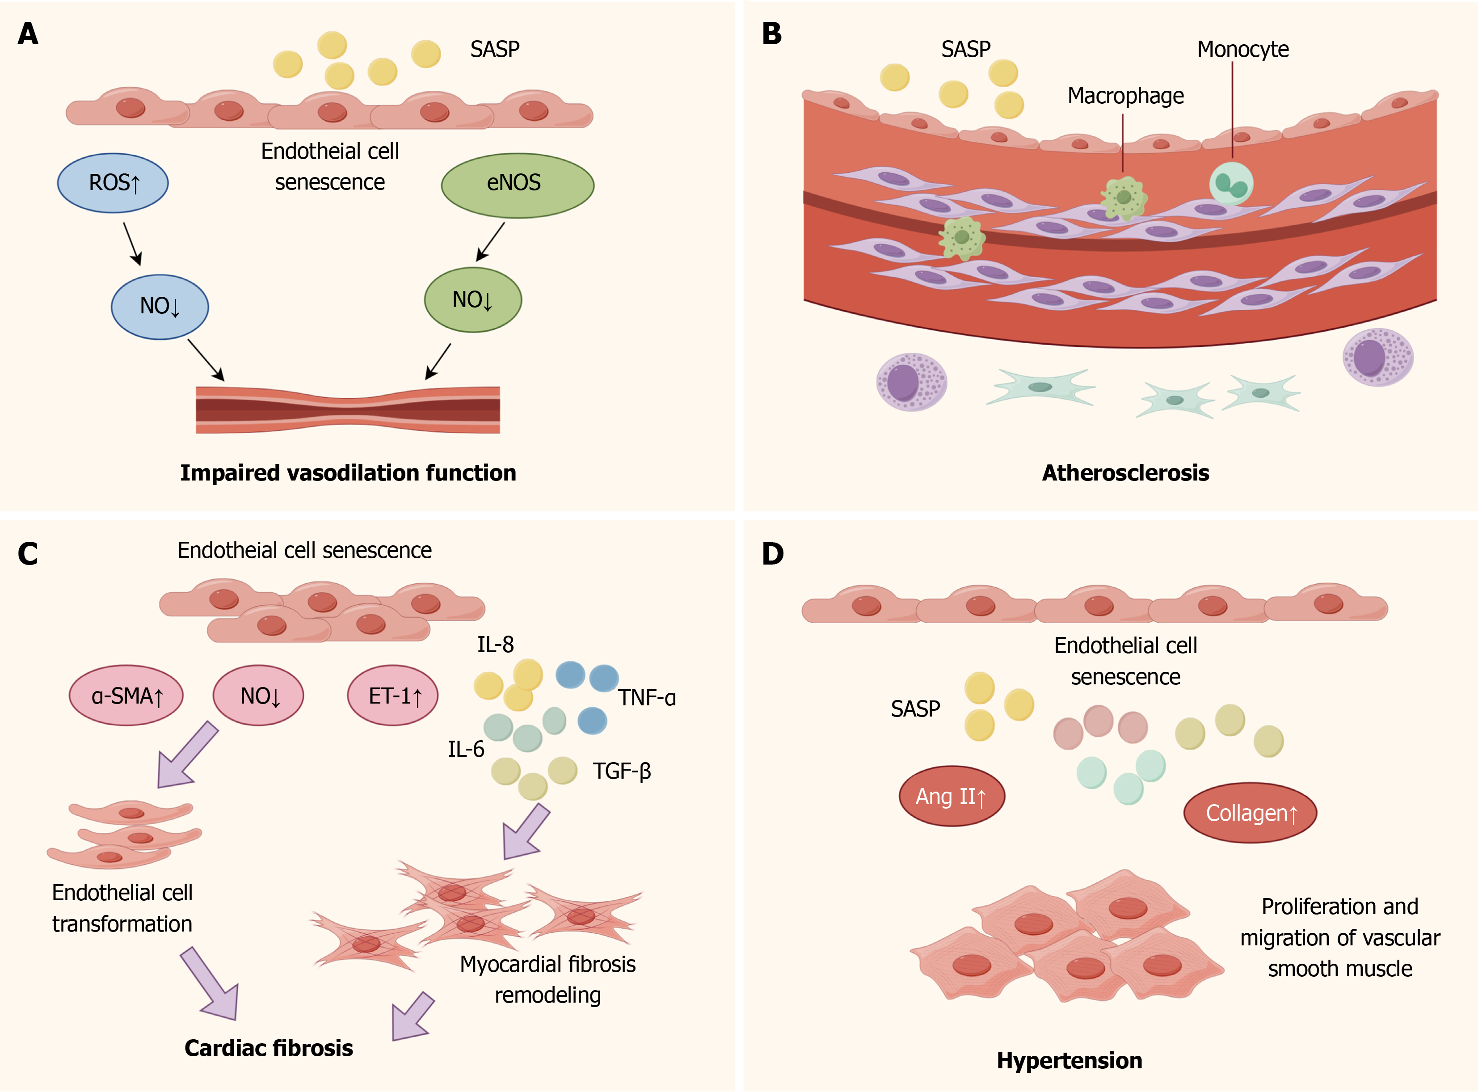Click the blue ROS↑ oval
113,183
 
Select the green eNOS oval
518,185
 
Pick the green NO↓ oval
472,299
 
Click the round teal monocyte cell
1231,184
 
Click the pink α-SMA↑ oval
126,696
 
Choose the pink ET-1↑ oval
393,696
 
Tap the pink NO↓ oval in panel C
258,696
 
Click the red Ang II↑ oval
952,796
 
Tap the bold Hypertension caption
1070,1061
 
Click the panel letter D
773,554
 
